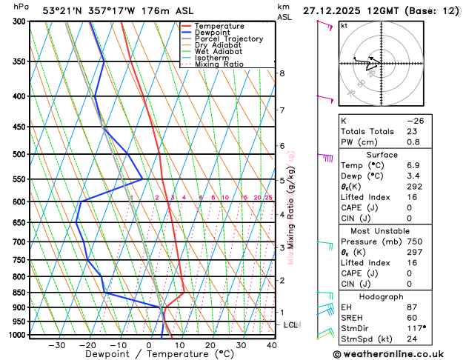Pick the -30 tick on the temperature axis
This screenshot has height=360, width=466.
pyautogui.click(x=56, y=345)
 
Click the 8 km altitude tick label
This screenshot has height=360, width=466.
pyautogui.click(x=282, y=73)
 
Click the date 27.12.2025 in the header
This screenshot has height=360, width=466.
pyautogui.click(x=335, y=10)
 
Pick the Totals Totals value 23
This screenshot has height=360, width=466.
pyautogui.click(x=413, y=131)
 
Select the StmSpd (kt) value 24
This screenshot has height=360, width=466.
pyautogui.click(x=413, y=339)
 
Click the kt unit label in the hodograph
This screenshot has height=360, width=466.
pyautogui.click(x=344, y=26)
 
